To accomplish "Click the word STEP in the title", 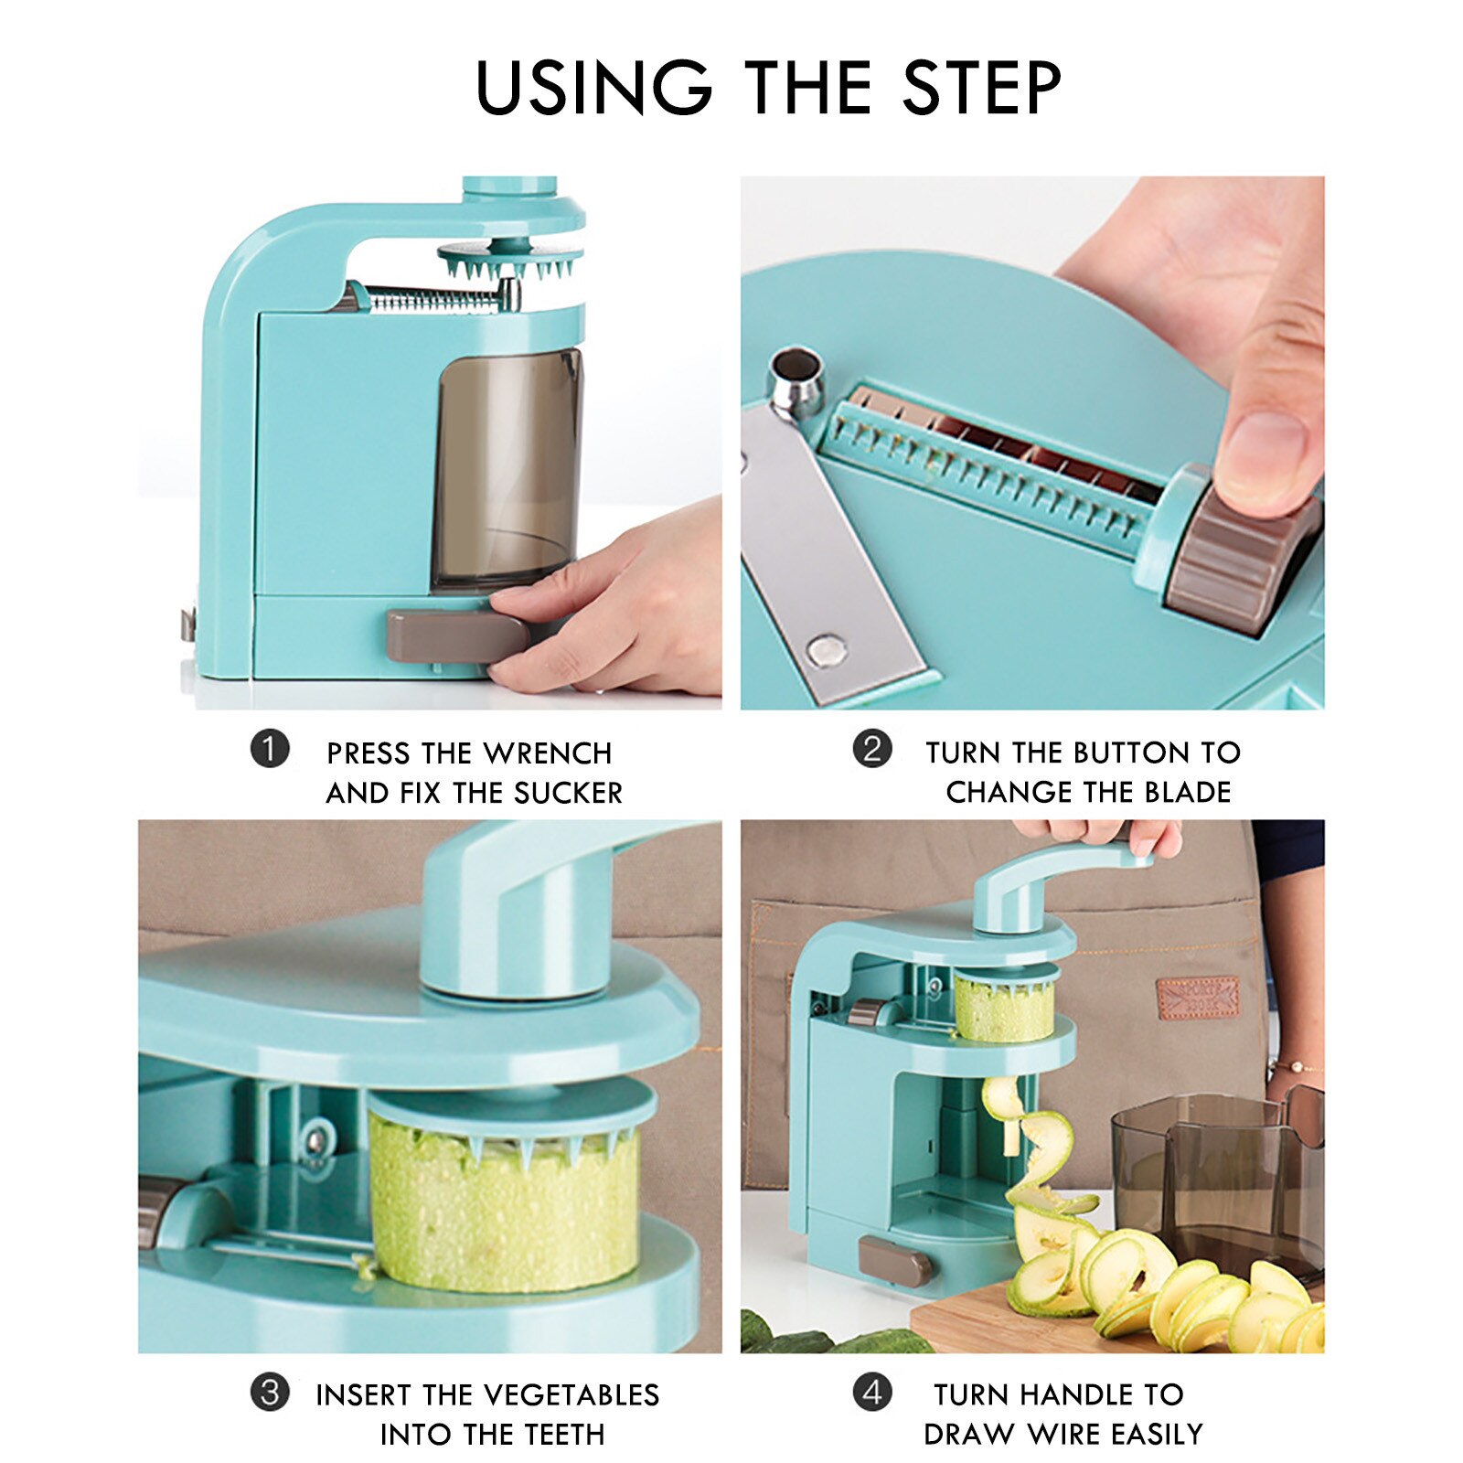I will (x=982, y=88).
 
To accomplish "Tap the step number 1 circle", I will (x=270, y=750).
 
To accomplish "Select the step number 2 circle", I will (x=872, y=749).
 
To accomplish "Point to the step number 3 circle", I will (x=270, y=1393).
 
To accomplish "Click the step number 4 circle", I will (x=872, y=1393).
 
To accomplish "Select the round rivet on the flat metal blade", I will (x=828, y=650).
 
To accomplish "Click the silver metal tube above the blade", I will (x=796, y=375).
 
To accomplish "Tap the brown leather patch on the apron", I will (x=1197, y=998).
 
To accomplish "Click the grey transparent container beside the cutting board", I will (x=1216, y=1180).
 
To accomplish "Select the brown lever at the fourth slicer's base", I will (x=893, y=1262).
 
